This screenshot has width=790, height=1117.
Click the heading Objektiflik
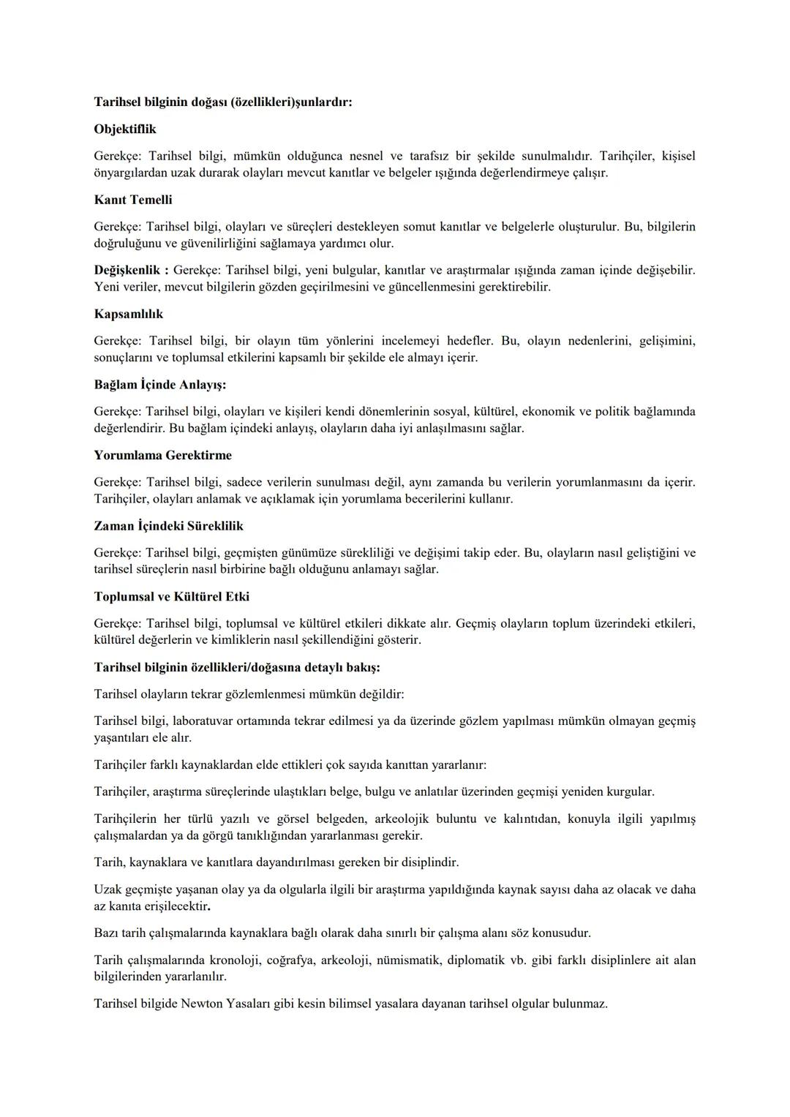pos(125,129)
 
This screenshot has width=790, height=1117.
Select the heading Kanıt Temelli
pos(133,200)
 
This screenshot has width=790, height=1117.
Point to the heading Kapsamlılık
pos(129,314)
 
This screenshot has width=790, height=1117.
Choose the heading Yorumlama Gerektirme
pos(162,455)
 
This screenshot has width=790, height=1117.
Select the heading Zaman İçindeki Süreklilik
pos(168,526)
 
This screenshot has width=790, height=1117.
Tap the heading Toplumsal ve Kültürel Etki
pos(171,597)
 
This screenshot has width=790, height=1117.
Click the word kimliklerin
pos(236,640)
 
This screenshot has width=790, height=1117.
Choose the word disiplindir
pos(423,862)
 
